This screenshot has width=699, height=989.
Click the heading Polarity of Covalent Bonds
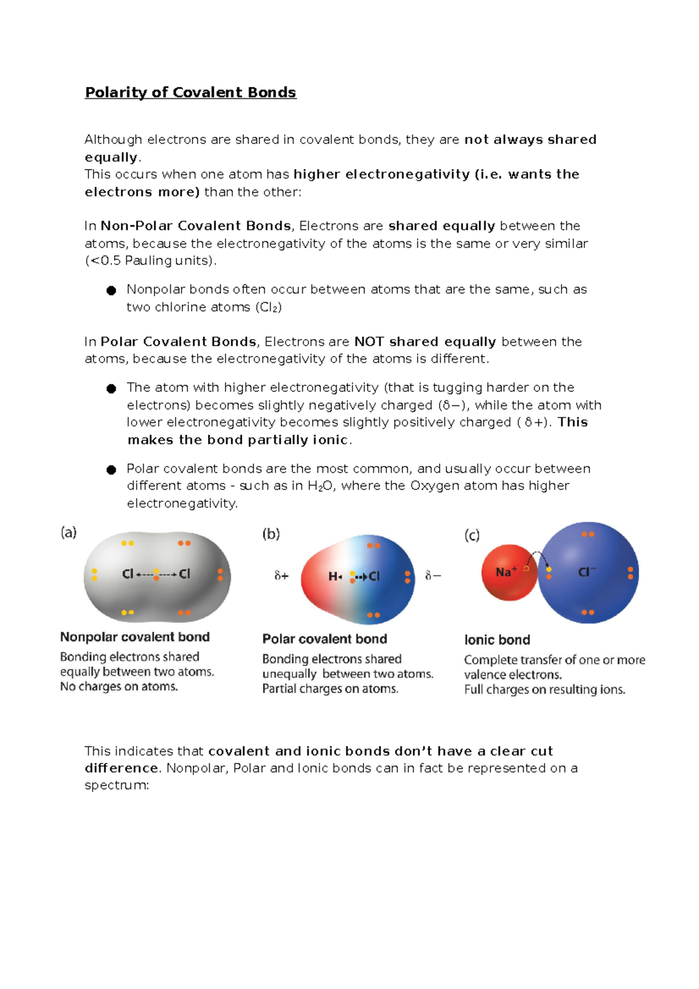190,93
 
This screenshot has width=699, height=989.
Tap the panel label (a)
69,532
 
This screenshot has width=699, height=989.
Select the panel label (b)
271,534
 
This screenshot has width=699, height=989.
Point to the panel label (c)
472,535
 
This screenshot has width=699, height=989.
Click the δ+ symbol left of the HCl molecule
281,576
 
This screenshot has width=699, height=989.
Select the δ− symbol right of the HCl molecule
433,576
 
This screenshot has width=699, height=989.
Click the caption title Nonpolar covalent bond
135,637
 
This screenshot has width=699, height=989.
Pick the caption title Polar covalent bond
324,639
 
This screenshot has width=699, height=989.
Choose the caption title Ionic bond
497,640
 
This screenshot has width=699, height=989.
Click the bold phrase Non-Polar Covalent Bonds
196,226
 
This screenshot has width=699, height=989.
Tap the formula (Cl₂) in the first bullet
269,308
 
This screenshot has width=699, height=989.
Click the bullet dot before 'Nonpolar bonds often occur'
111,291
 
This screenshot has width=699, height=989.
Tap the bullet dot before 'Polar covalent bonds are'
111,470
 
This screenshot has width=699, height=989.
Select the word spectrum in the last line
116,786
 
